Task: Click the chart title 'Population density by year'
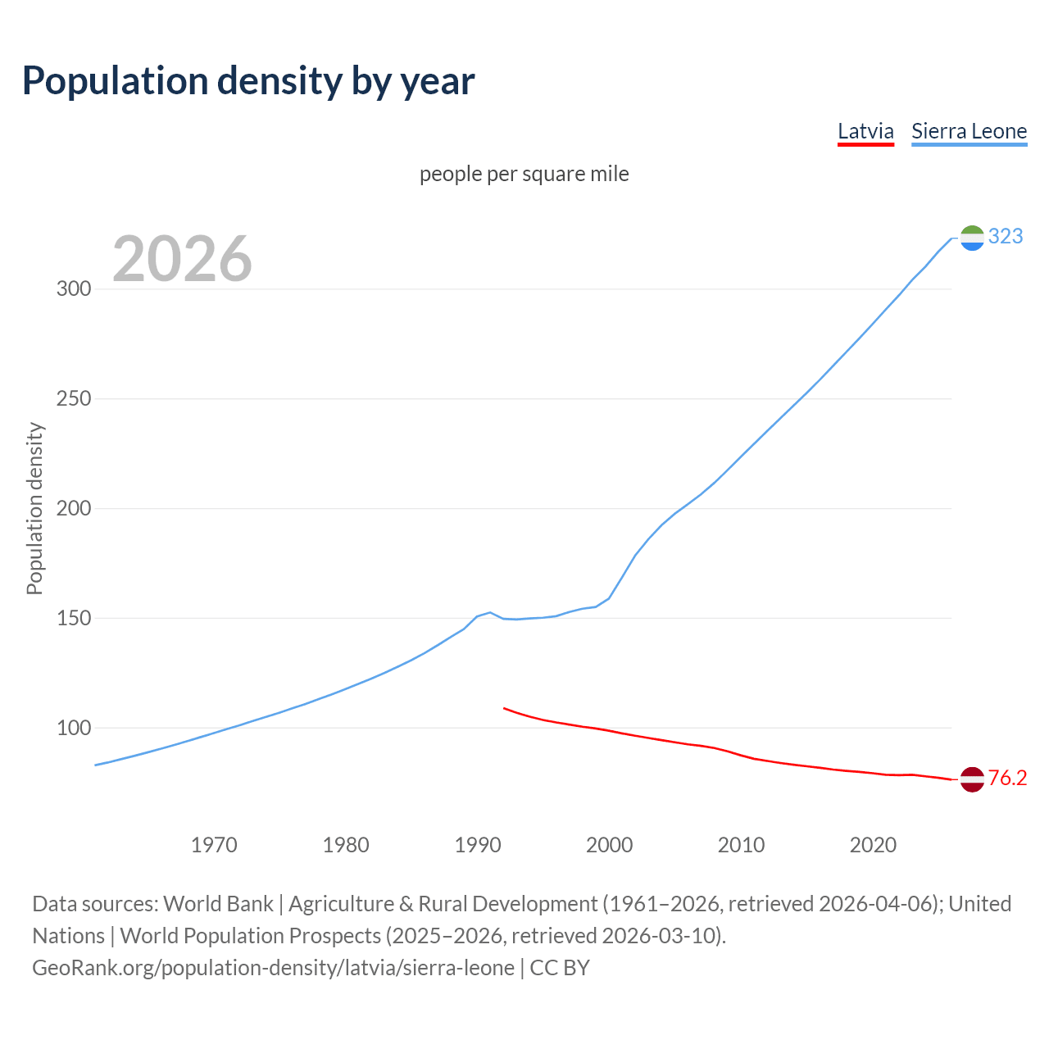coord(248,81)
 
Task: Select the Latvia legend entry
coord(865,131)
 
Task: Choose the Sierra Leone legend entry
coord(969,131)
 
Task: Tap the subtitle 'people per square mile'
coord(524,174)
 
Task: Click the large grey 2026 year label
coord(182,259)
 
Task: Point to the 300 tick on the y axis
coord(74,289)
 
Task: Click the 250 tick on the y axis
coord(74,399)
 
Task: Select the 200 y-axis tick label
coord(74,509)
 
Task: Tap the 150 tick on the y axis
coord(74,619)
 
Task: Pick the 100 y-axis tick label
coord(74,729)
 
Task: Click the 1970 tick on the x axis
coord(214,845)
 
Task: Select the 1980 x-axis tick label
coord(346,845)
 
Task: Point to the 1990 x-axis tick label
coord(478,845)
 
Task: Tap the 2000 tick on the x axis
coord(610,845)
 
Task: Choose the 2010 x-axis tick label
coord(741,845)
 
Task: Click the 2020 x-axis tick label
coord(873,845)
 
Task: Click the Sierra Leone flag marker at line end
coord(972,238)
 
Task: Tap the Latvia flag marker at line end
coord(972,779)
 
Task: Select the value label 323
coord(1006,237)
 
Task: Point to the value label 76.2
coord(1007,779)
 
